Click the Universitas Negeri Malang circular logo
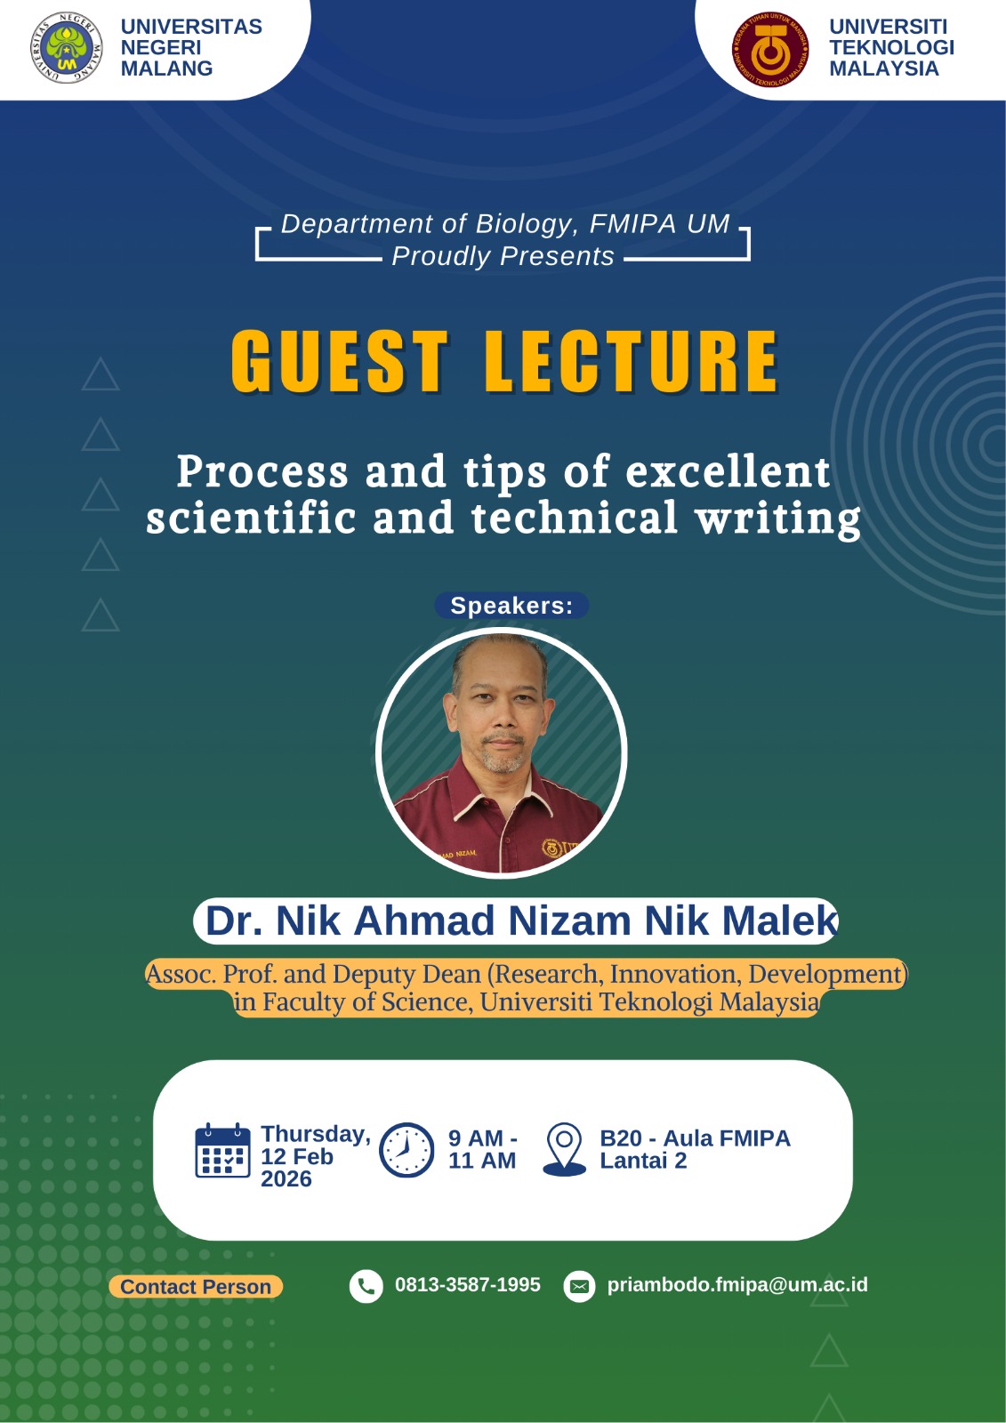point(66,48)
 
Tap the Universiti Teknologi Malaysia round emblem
point(770,48)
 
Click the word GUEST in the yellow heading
point(340,361)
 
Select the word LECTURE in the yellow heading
point(632,361)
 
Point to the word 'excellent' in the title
point(728,471)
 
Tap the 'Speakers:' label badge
point(511,605)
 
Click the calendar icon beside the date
point(222,1150)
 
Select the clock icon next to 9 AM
point(406,1150)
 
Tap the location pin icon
point(564,1150)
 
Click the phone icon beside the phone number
point(366,1286)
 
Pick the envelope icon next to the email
point(579,1286)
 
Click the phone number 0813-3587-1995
point(468,1284)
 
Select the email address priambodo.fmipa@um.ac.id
point(737,1284)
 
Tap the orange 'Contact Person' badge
point(196,1286)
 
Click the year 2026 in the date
point(286,1179)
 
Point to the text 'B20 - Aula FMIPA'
point(696,1138)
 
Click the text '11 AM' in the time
point(482,1161)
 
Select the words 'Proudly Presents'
point(503,256)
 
